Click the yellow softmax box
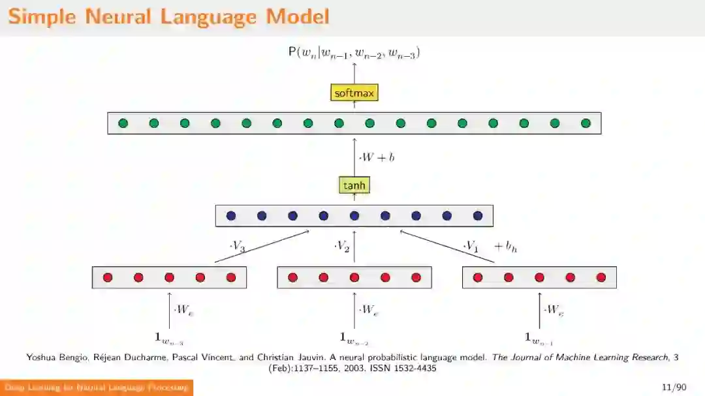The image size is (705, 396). pyautogui.click(x=354, y=93)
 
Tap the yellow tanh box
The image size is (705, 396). pyautogui.click(x=354, y=186)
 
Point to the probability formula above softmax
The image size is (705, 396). pyautogui.click(x=354, y=53)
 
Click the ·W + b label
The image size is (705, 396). pyautogui.click(x=377, y=157)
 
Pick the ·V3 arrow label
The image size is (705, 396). pyautogui.click(x=238, y=246)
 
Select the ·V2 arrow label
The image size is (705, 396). pyautogui.click(x=342, y=246)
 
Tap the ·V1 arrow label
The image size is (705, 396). pyautogui.click(x=471, y=246)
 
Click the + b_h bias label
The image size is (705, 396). pyautogui.click(x=505, y=247)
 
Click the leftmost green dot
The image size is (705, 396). pyautogui.click(x=123, y=123)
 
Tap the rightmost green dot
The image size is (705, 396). pyautogui.click(x=586, y=123)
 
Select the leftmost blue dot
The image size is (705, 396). pyautogui.click(x=230, y=216)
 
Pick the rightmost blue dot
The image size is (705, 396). pyautogui.click(x=478, y=216)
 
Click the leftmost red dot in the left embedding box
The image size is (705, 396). pyautogui.click(x=108, y=277)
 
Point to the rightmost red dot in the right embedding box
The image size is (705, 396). pyautogui.click(x=601, y=277)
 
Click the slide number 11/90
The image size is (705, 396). pyautogui.click(x=674, y=388)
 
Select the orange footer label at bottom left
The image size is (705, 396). pyautogui.click(x=97, y=388)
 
